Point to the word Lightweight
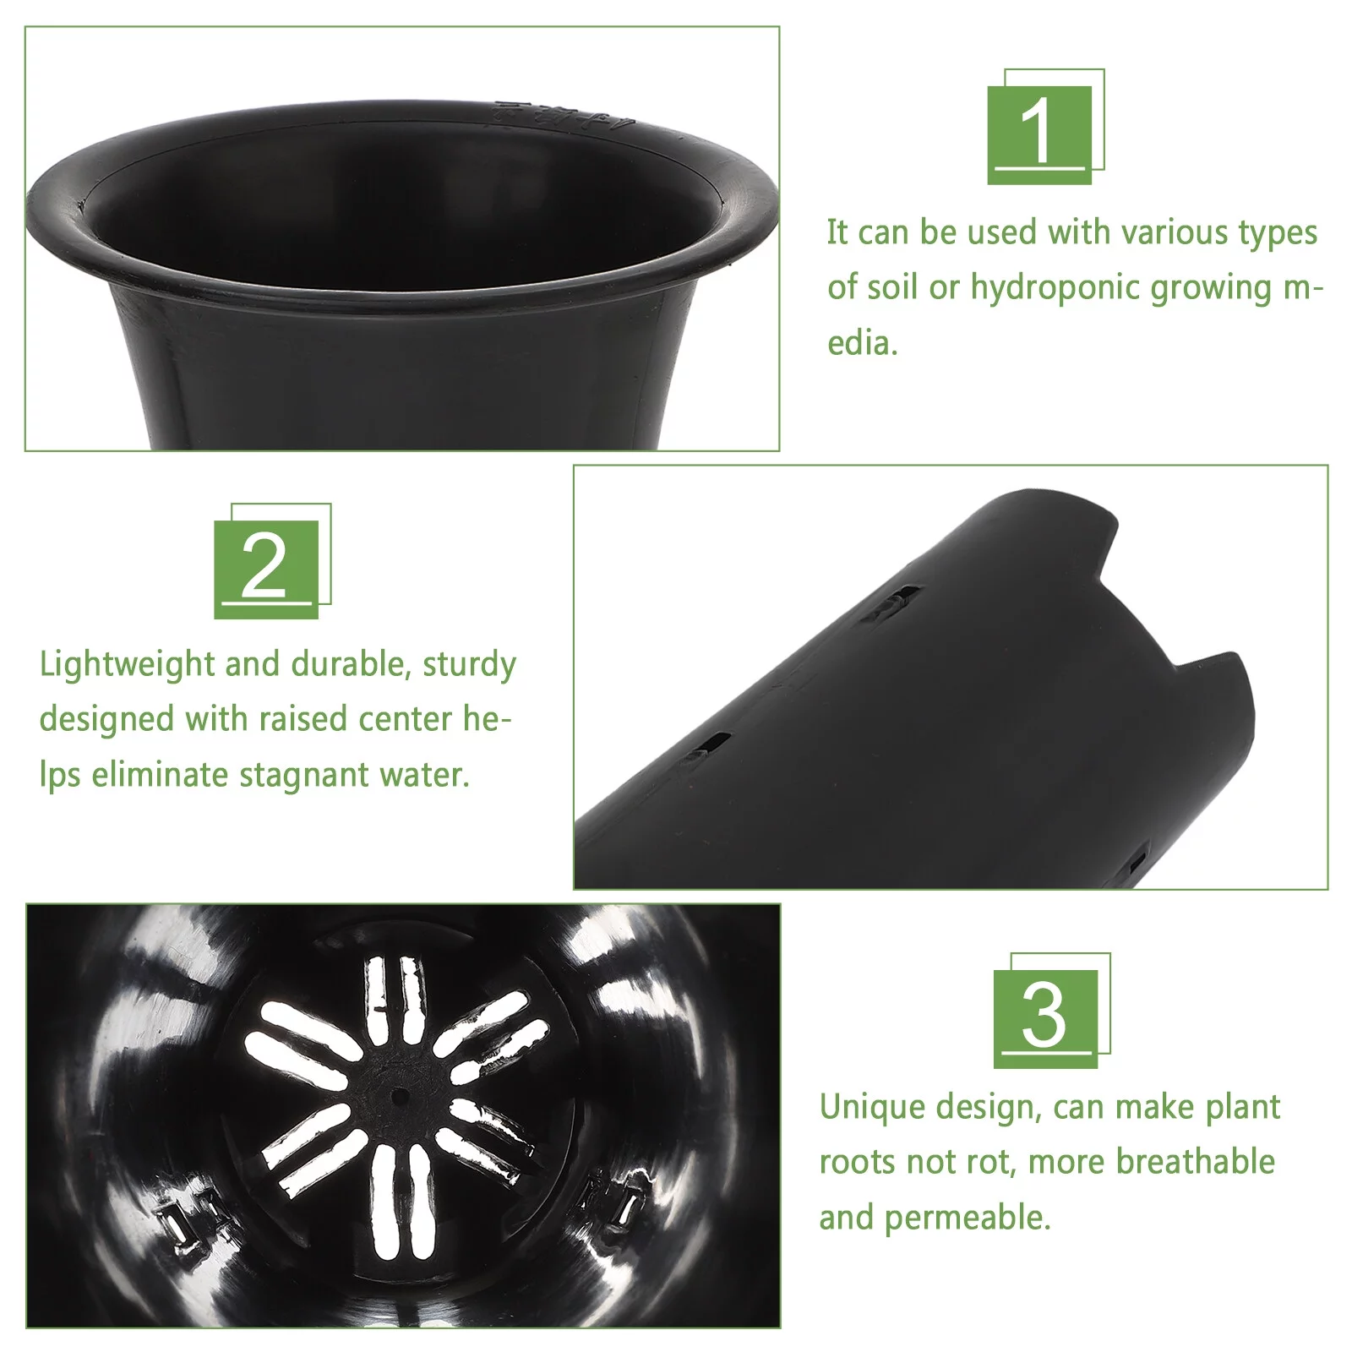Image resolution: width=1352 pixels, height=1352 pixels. [127, 665]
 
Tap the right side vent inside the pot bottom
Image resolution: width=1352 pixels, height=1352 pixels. [613, 1200]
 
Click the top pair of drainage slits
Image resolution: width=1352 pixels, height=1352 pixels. [395, 997]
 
